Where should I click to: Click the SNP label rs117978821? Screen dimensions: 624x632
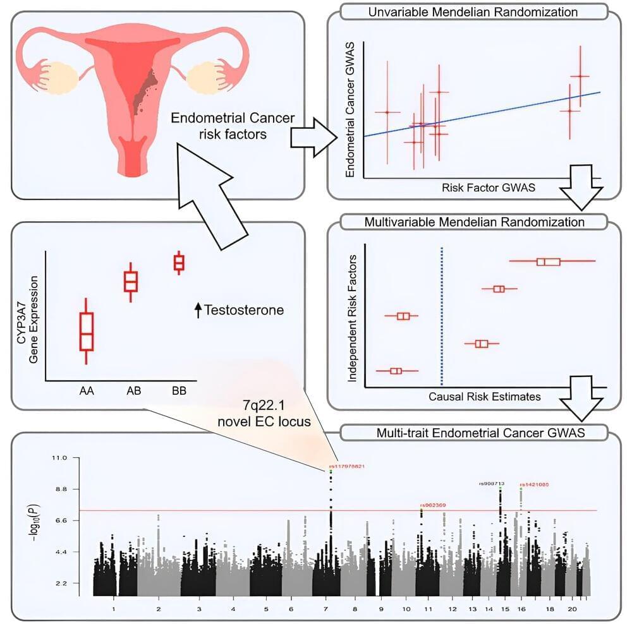pyautogui.click(x=347, y=467)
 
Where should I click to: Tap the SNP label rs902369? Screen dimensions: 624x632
pyautogui.click(x=432, y=506)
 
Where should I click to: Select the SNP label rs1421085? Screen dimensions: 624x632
pyautogui.click(x=533, y=485)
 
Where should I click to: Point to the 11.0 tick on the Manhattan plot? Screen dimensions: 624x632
pyautogui.click(x=61, y=457)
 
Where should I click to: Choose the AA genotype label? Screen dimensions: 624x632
pyautogui.click(x=87, y=392)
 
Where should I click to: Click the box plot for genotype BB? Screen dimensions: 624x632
pyautogui.click(x=179, y=262)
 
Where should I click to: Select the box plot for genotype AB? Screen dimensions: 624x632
pyautogui.click(x=131, y=281)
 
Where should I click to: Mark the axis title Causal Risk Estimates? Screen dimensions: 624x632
pyautogui.click(x=484, y=397)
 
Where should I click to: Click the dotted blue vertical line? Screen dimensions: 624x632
pyautogui.click(x=441, y=316)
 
